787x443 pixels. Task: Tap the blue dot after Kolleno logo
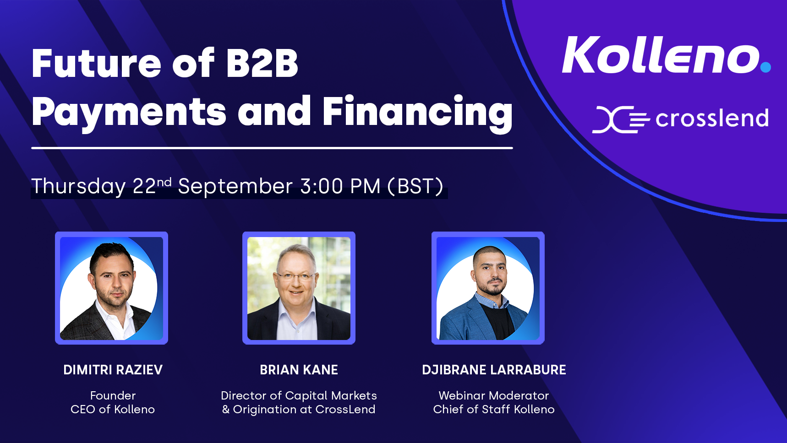coord(765,67)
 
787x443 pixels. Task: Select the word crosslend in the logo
coord(712,119)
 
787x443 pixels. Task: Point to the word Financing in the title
coord(418,112)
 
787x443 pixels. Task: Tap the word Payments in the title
coord(129,112)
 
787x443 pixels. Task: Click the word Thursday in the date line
coord(78,186)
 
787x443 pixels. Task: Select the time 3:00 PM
coord(340,186)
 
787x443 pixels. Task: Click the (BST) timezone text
coord(415,186)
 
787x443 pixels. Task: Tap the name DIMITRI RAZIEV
coord(113,370)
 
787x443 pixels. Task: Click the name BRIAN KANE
coord(299,370)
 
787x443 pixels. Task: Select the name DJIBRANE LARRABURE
coord(494,370)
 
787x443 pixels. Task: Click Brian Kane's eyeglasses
coord(295,276)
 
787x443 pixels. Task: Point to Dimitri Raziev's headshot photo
coord(112,288)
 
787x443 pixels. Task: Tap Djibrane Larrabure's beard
coord(491,288)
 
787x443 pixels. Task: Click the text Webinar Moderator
coord(494,395)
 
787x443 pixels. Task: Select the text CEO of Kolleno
coord(113,409)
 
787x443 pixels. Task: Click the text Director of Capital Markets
coord(299,395)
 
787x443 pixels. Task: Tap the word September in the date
coord(235,187)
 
